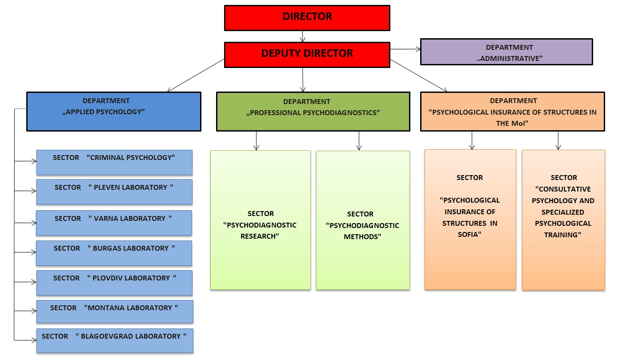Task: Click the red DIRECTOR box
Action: tap(307, 18)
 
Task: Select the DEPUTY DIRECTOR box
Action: tap(307, 55)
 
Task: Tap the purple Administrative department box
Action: tap(506, 52)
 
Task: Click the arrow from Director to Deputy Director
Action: tap(303, 36)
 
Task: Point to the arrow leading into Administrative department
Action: tap(405, 49)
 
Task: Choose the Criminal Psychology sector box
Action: tap(114, 162)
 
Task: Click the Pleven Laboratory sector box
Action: tap(114, 192)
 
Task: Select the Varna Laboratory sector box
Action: tap(114, 223)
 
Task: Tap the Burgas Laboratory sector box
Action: tap(114, 253)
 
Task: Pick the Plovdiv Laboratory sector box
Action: tap(114, 283)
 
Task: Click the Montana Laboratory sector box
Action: tap(115, 312)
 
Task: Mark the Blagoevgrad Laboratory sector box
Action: tap(115, 340)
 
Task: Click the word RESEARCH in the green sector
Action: tap(260, 236)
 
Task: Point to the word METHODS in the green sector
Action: tap(362, 236)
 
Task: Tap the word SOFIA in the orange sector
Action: tap(470, 235)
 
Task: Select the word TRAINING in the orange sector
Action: tap(562, 235)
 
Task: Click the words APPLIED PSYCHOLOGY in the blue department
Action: tap(104, 112)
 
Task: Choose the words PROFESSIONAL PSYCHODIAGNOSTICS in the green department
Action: tap(313, 113)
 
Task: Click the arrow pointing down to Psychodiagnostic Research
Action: tap(256, 141)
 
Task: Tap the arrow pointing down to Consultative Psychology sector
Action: tap(558, 141)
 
